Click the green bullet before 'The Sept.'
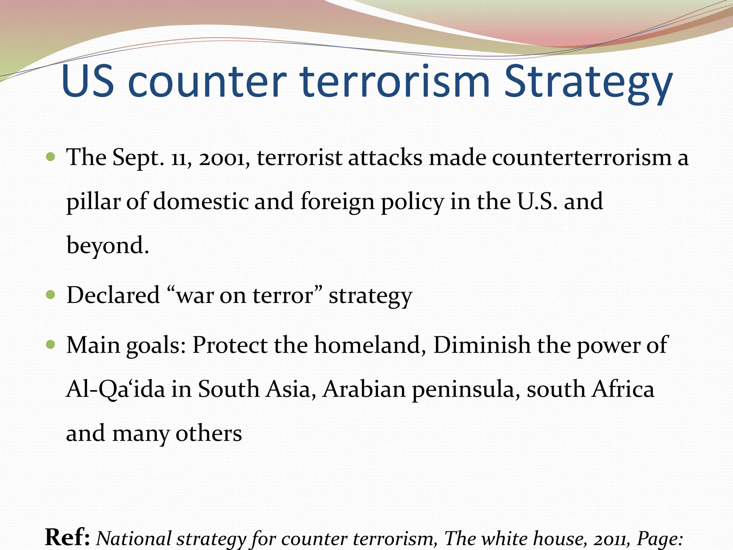pyautogui.click(x=51, y=157)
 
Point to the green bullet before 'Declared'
pyautogui.click(x=51, y=295)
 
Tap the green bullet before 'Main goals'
pyautogui.click(x=51, y=344)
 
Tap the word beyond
pyautogui.click(x=107, y=246)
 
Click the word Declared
pyautogui.click(x=113, y=295)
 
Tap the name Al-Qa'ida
pyautogui.click(x=115, y=389)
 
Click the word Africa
pyautogui.click(x=622, y=389)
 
